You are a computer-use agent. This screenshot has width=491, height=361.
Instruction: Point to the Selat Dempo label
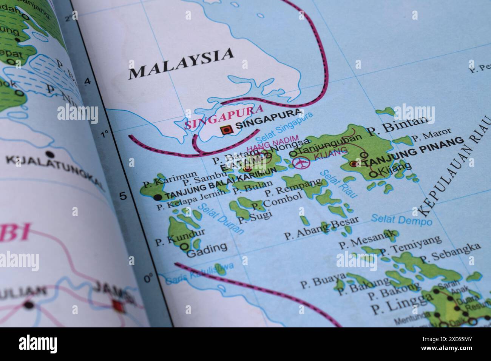click(401, 219)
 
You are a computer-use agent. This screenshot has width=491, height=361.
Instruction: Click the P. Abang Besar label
click(321, 229)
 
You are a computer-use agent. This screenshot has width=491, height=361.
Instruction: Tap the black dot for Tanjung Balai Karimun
click(158, 197)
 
